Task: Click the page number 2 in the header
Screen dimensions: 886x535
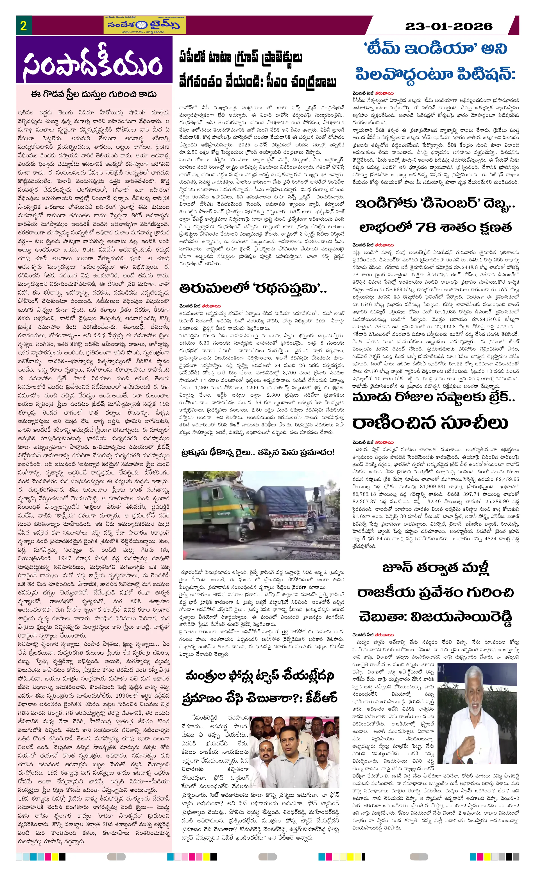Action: pyautogui.click(x=23, y=26)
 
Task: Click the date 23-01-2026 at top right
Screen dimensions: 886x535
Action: pyautogui.click(x=448, y=26)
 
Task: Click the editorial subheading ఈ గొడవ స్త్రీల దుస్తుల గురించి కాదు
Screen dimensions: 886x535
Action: pyautogui.click(x=94, y=94)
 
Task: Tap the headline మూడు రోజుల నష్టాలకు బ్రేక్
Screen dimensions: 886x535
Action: pyautogui.click(x=433, y=397)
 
